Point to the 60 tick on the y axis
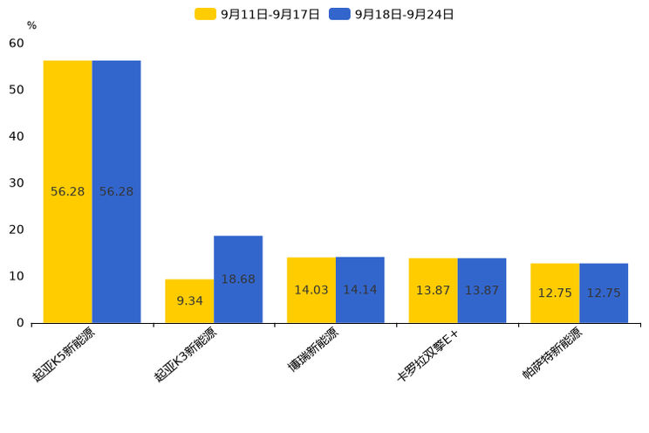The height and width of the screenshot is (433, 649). (17, 43)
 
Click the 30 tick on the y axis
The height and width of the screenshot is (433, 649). (17, 182)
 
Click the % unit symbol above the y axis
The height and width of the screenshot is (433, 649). (31, 25)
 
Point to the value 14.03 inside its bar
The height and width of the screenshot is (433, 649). (311, 290)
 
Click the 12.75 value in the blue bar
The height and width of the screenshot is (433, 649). (604, 292)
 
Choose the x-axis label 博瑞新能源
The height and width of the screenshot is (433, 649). (313, 350)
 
